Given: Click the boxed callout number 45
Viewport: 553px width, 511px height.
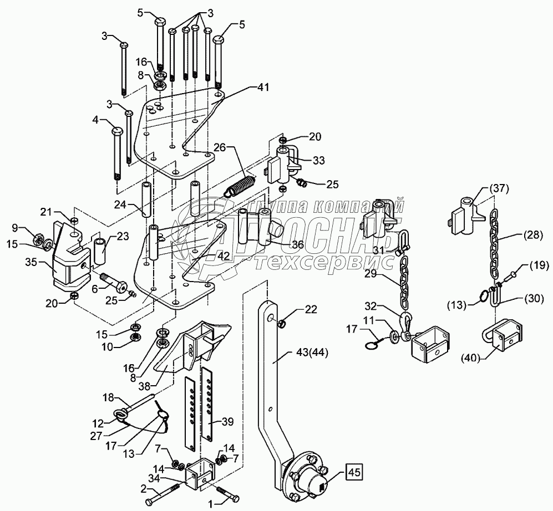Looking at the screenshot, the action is click(x=354, y=472).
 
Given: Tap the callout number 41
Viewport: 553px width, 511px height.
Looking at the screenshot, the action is click(x=262, y=87).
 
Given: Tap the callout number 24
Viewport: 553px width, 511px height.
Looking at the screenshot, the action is click(x=121, y=204).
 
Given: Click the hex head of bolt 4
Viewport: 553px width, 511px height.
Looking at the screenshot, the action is click(x=117, y=131).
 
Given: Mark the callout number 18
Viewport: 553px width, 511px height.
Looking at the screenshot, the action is click(x=109, y=398).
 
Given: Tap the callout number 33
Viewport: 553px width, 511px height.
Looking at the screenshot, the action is click(x=318, y=160).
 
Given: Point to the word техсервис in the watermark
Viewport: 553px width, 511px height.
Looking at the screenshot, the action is click(x=324, y=263).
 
